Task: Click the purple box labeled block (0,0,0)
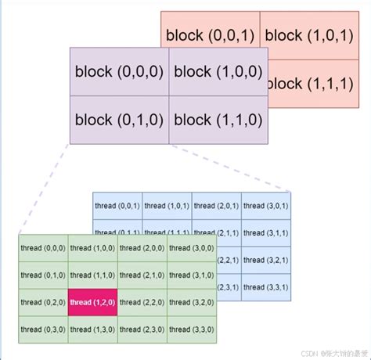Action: pos(119,71)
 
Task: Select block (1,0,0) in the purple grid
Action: pos(218,71)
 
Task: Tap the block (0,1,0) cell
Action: pos(119,121)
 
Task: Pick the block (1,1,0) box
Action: pos(218,121)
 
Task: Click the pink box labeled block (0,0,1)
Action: pos(210,35)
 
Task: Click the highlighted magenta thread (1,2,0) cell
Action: pos(92,302)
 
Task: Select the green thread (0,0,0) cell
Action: pos(42,248)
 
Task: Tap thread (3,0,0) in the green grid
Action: pos(192,248)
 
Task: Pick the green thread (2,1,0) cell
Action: pos(142,275)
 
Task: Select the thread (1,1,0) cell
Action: pos(92,275)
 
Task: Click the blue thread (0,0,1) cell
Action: pos(117,206)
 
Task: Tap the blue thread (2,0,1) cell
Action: pos(216,206)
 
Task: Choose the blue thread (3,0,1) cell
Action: pos(266,206)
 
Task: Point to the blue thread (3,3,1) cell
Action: pos(266,286)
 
